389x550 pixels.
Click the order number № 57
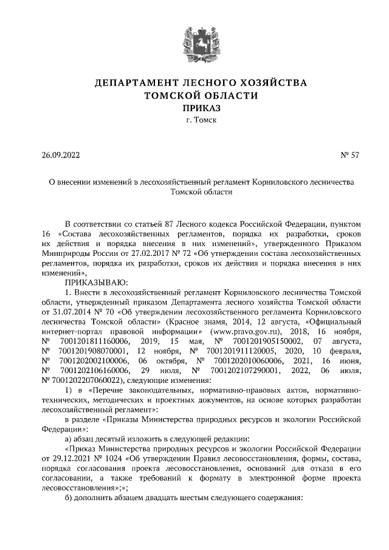(x=351, y=155)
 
